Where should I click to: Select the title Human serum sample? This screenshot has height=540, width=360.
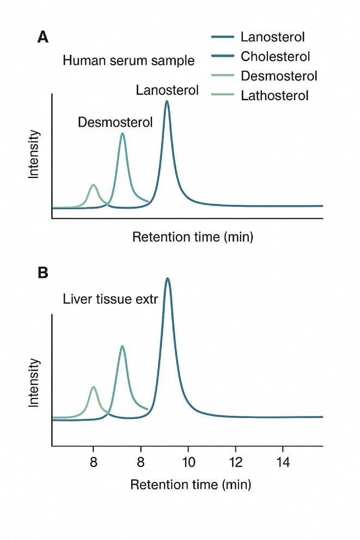pyautogui.click(x=129, y=60)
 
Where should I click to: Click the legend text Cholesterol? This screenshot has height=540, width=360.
pyautogui.click(x=275, y=56)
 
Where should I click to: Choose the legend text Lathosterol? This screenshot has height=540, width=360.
pyautogui.click(x=274, y=96)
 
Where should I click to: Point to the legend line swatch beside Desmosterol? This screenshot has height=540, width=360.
pyautogui.click(x=222, y=76)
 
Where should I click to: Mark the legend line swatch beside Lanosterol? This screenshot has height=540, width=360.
pyautogui.click(x=222, y=37)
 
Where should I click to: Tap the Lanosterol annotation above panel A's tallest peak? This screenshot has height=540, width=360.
pyautogui.click(x=167, y=90)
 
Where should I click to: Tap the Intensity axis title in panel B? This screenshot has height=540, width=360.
pyautogui.click(x=34, y=383)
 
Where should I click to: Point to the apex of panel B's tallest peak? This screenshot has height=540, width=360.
pyautogui.click(x=167, y=279)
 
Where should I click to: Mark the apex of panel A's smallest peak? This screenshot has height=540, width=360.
pyautogui.click(x=94, y=185)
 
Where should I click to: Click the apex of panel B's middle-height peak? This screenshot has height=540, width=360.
pyautogui.click(x=123, y=346)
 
